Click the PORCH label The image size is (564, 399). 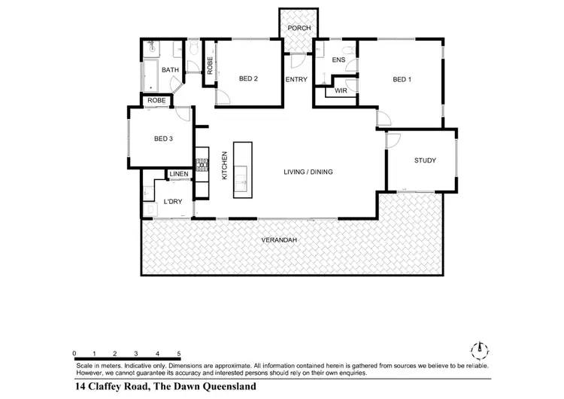coord(299,28)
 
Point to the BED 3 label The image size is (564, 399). coord(163,139)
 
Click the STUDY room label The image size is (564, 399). coord(425,161)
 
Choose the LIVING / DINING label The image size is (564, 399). coord(308,172)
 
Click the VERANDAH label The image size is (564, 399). coord(280,240)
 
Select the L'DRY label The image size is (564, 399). coord(173,203)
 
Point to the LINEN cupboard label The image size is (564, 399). coord(179,175)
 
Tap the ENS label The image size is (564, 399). coord(338,59)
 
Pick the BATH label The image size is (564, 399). coord(171,71)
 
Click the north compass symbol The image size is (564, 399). coord(478,349)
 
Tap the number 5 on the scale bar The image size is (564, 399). coord(178,353)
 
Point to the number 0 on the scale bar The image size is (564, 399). coord(74,353)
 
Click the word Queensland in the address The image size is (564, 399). coord(223,386)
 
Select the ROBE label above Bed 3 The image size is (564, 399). coord(156,100)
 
